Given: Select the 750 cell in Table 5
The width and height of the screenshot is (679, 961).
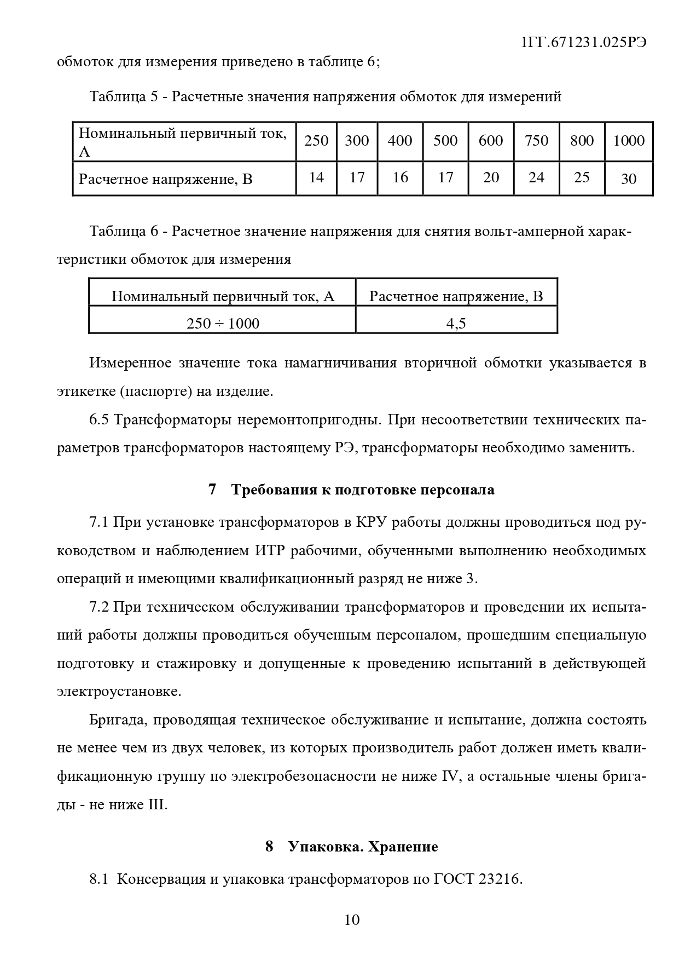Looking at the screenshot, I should tap(536, 141).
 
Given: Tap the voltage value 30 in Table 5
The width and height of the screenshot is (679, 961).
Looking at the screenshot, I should tap(628, 179).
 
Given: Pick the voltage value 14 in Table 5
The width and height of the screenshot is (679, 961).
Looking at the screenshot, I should tap(316, 177).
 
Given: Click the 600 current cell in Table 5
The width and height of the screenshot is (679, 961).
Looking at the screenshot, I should tap(491, 141).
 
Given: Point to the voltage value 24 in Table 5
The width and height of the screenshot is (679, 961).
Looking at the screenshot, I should tap(536, 177).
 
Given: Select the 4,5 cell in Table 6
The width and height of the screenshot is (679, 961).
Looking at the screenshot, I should tap(456, 323).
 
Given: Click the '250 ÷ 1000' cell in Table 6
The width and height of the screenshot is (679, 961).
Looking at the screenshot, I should tap(223, 323).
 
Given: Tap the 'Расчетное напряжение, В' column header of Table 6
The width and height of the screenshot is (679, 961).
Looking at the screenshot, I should tap(456, 296).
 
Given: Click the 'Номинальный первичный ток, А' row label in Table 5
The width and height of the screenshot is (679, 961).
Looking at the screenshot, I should tap(183, 141).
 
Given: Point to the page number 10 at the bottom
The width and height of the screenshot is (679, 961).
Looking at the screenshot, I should tap(352, 919).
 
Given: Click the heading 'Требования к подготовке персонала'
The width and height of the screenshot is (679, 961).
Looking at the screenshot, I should tap(363, 490).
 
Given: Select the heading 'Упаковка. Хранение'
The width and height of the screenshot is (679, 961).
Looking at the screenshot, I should tap(363, 847).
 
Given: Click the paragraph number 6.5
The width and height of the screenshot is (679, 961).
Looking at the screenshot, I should tap(100, 420).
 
